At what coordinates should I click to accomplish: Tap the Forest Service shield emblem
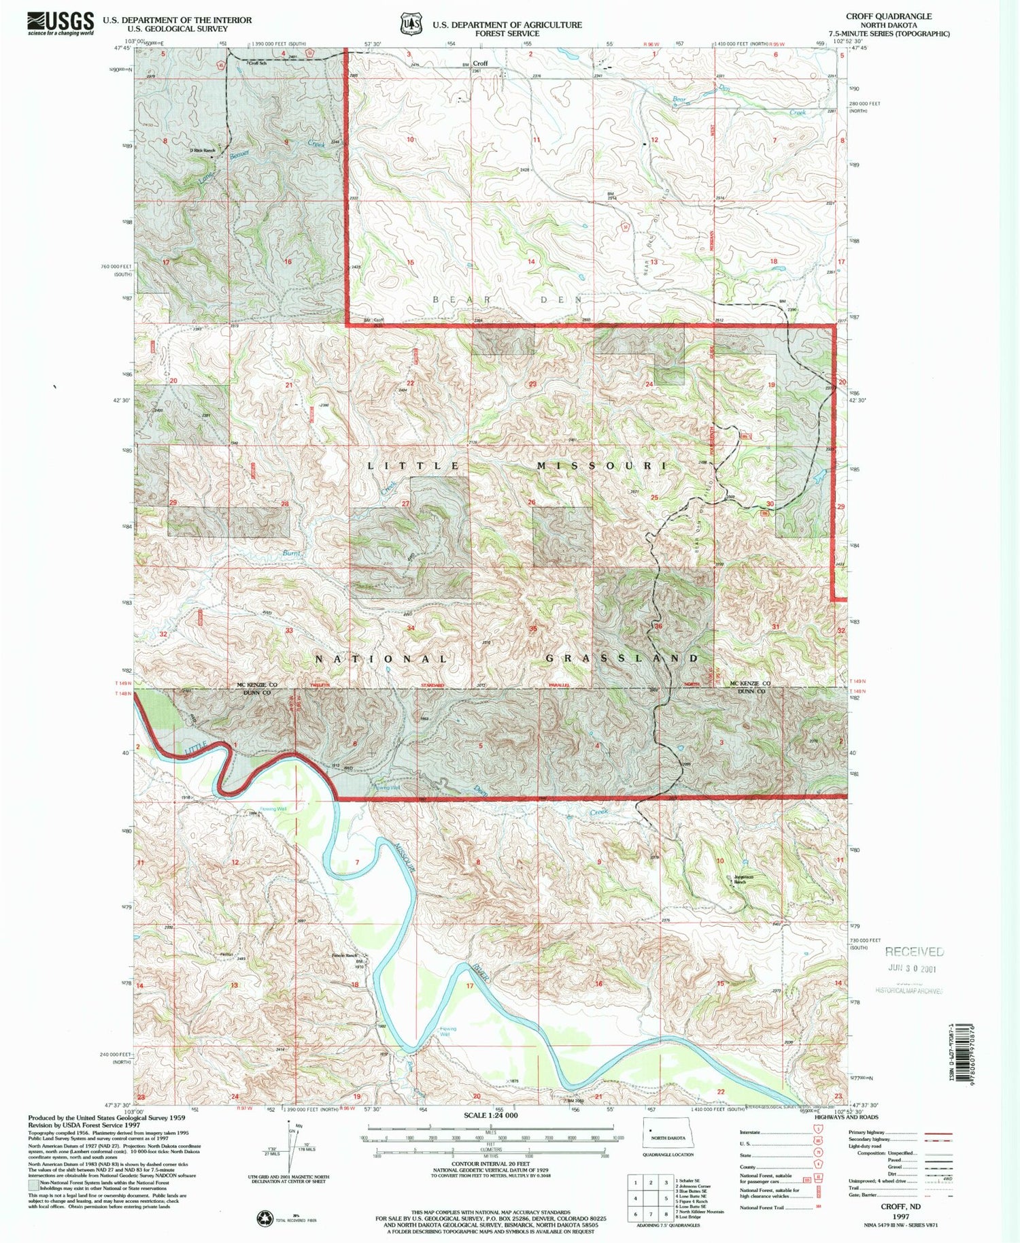pos(407,24)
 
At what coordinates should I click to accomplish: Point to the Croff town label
pos(480,63)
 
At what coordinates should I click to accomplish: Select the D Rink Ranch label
pos(202,150)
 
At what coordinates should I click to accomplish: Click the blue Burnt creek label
pos(292,554)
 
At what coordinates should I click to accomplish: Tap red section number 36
pos(658,626)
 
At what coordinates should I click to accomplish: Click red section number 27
pos(405,503)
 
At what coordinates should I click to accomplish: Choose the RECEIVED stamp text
pos(914,952)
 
